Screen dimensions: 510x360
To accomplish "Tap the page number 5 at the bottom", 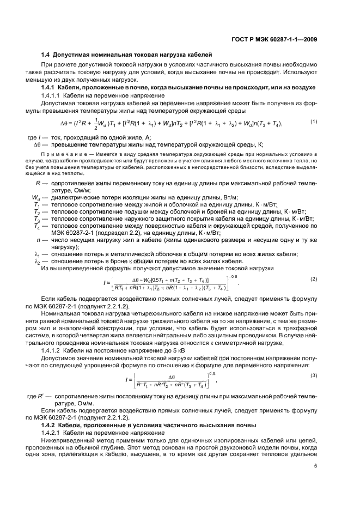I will pos(316,465).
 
